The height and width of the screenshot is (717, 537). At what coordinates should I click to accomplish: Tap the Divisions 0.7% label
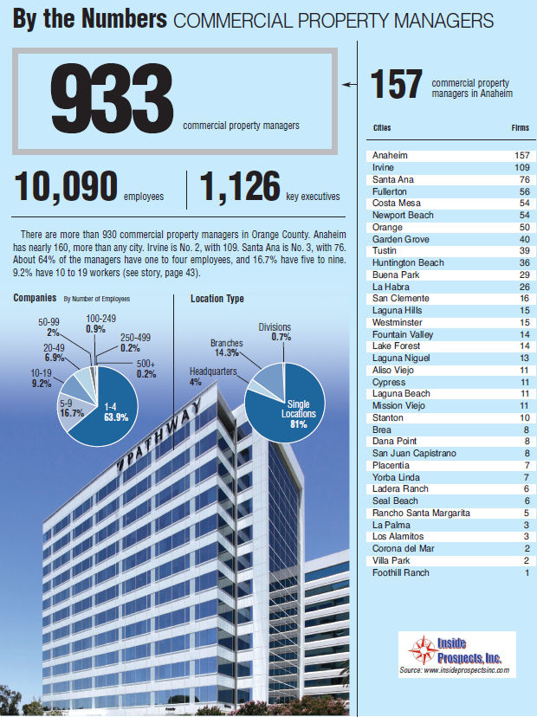point(275,332)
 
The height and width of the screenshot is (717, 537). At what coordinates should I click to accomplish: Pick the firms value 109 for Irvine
point(521,166)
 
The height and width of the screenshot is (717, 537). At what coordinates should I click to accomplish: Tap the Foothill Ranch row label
point(400,572)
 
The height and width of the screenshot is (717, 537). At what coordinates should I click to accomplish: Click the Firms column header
point(520,127)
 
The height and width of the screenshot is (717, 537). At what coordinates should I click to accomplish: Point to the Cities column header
point(381,127)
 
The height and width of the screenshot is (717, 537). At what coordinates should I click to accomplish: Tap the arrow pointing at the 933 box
point(349,85)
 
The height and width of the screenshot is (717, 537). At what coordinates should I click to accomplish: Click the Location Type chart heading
point(217,299)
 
